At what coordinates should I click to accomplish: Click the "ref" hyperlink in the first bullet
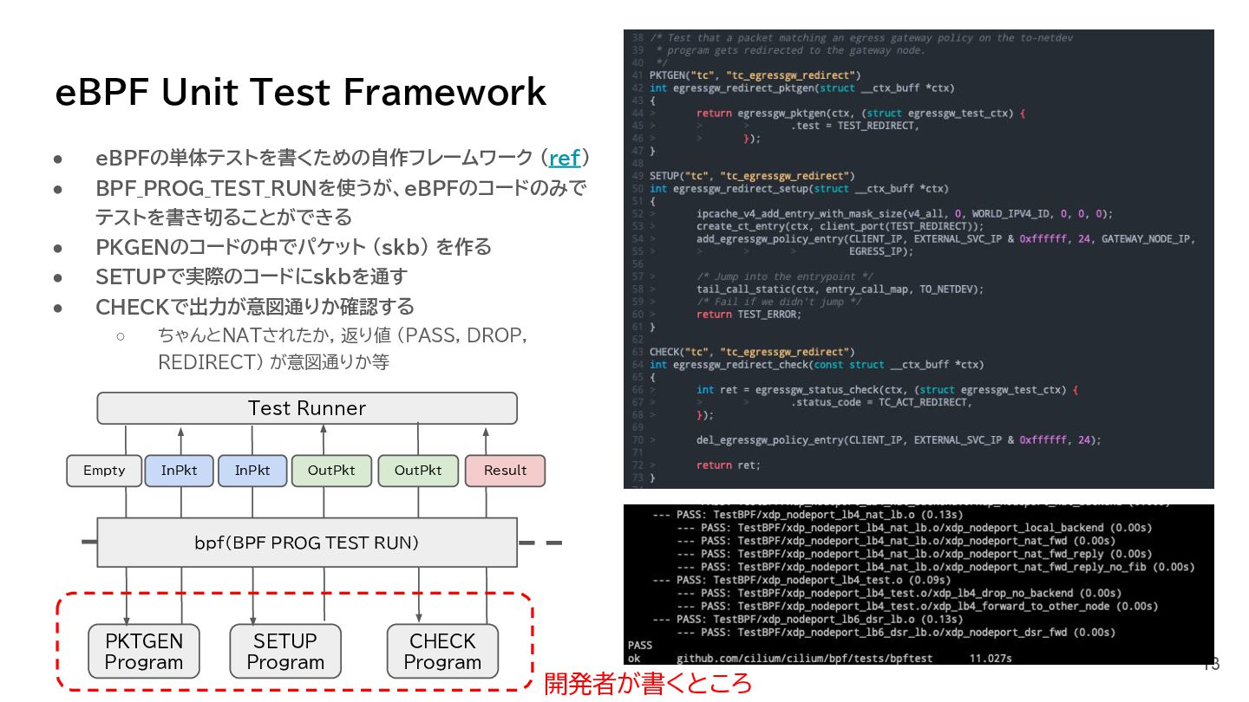pos(565,159)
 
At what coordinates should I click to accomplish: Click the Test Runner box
pos(307,408)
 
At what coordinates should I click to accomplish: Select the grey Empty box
pos(104,471)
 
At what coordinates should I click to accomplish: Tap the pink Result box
pos(505,471)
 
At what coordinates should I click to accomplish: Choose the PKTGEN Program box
pos(144,652)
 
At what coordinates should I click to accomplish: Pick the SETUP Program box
pos(284,652)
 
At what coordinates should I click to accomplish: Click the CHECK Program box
pos(442,652)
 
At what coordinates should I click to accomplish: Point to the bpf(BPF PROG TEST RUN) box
pos(307,543)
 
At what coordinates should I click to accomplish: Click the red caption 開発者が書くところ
pos(648,683)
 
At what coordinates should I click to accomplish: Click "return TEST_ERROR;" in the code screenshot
pos(749,314)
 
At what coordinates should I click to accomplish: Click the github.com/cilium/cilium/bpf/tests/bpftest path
pos(804,659)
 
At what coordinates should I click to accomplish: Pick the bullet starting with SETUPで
pos(252,277)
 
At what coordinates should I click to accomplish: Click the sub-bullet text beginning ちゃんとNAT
pos(343,348)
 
